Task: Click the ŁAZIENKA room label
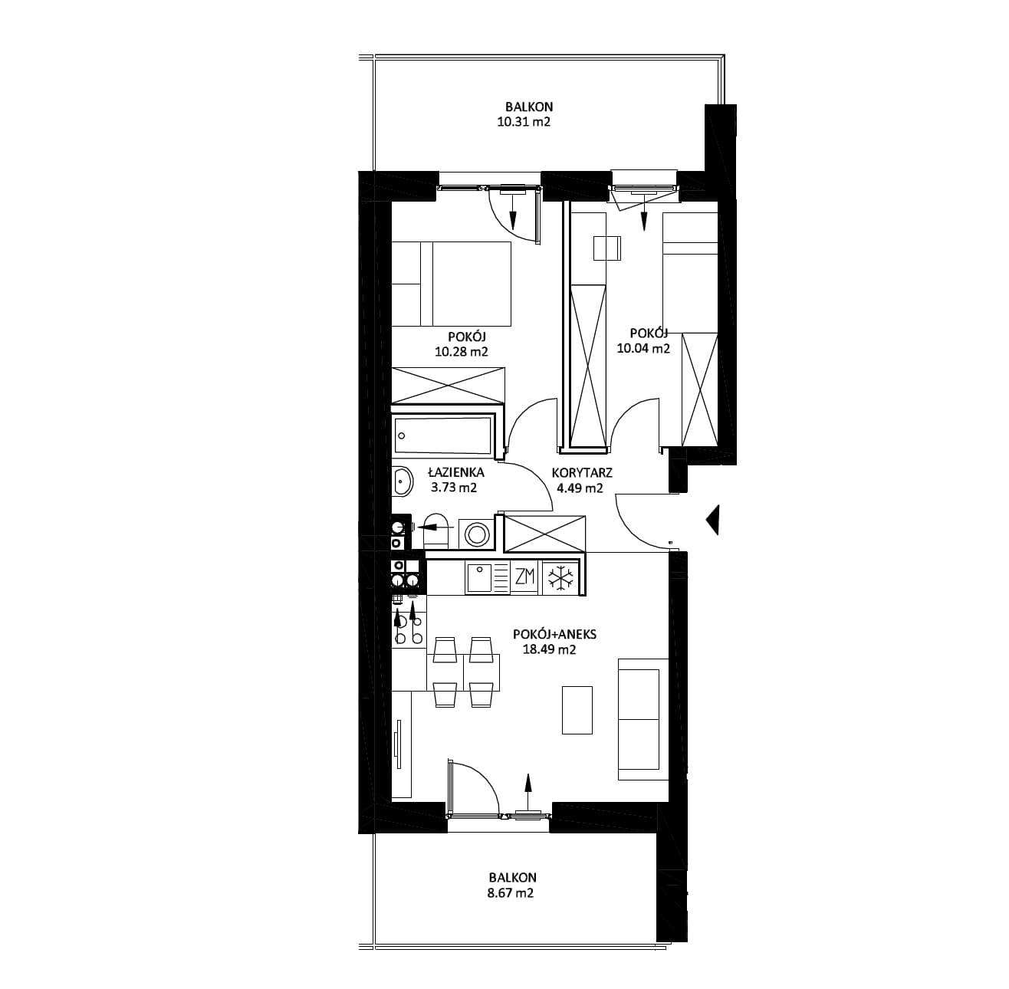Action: pos(454,472)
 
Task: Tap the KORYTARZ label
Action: pos(582,472)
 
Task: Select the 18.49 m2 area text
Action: pos(549,650)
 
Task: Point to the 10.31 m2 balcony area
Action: pos(524,123)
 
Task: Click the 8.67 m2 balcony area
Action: pos(510,893)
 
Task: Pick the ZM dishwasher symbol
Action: pos(524,577)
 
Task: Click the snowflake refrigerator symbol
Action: pos(560,577)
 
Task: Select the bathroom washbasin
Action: pos(402,481)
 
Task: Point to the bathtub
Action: pos(443,435)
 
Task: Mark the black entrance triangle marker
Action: pos(712,520)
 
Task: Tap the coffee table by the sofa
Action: pos(577,710)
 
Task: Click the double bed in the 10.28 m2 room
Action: pos(451,284)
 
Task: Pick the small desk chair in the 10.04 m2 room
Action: pos(607,248)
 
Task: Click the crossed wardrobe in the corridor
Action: pos(544,534)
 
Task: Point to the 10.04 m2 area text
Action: pos(643,348)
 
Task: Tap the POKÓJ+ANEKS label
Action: pos(554,634)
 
